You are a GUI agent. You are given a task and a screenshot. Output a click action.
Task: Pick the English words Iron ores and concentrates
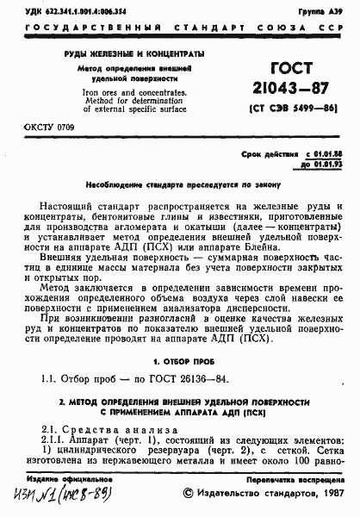pyautogui.click(x=114, y=88)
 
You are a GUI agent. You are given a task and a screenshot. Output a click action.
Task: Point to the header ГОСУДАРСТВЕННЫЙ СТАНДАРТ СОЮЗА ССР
pyautogui.click(x=179, y=27)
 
